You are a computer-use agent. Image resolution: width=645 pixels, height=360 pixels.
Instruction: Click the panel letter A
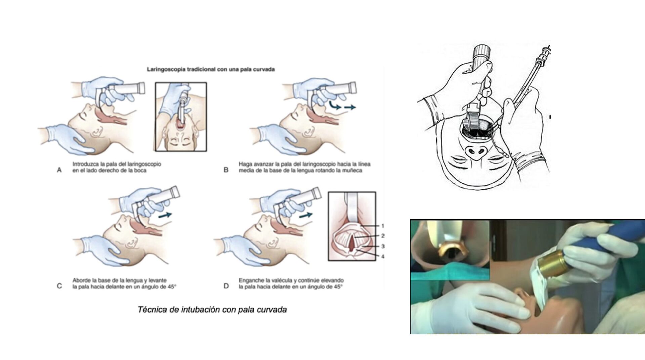click(x=59, y=170)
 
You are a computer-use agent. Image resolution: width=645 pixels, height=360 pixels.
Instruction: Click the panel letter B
click(x=226, y=170)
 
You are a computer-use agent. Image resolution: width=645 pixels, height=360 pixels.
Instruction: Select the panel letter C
click(x=59, y=286)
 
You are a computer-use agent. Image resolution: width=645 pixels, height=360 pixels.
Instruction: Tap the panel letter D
click(x=226, y=286)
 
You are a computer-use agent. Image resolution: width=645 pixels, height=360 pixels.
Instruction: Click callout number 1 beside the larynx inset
click(x=382, y=226)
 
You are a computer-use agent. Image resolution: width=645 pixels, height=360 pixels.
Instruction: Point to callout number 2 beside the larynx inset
click(x=383, y=236)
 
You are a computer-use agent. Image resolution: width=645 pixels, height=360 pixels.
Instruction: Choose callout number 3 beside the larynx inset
click(x=383, y=246)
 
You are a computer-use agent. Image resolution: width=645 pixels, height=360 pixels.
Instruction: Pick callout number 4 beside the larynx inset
click(x=383, y=257)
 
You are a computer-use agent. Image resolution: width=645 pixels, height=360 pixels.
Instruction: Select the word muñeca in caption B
click(x=353, y=170)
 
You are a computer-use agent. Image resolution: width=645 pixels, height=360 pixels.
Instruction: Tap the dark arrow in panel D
click(x=306, y=215)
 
